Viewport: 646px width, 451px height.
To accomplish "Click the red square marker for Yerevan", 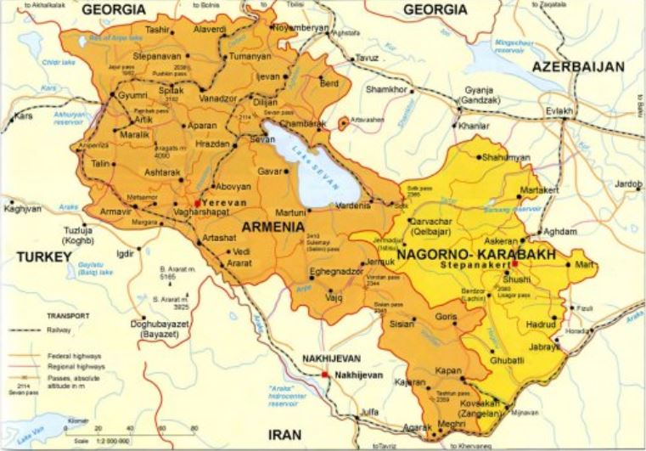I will [198, 203].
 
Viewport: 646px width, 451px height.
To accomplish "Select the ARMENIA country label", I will [273, 227].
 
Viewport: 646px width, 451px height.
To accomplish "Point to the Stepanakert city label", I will [475, 266].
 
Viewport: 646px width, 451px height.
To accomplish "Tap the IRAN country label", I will [284, 434].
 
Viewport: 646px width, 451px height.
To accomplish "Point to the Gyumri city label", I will [132, 95].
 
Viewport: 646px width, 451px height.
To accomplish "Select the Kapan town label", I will [447, 372].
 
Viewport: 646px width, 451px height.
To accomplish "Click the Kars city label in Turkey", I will [23, 116].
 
